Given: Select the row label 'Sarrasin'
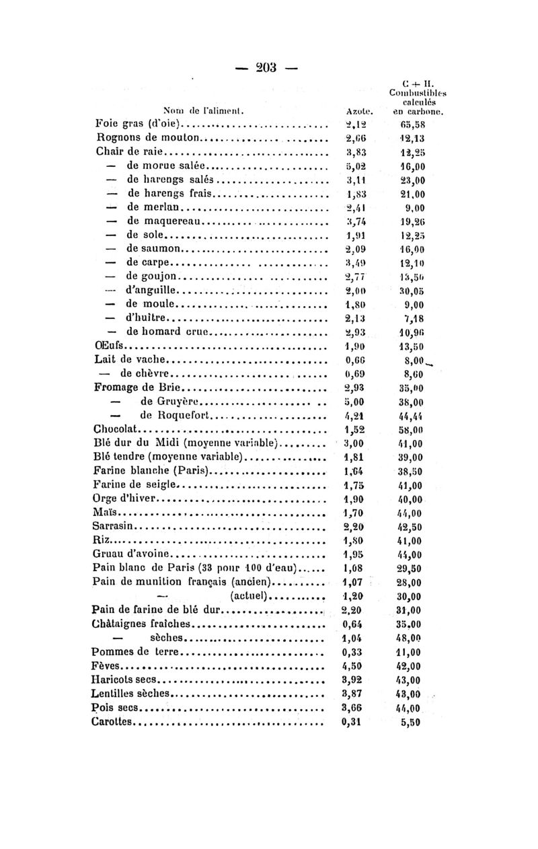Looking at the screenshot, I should pyautogui.click(x=115, y=526).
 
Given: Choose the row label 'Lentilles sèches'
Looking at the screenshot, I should pyautogui.click(x=132, y=694).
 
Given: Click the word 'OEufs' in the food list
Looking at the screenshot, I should pyautogui.click(x=108, y=346).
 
